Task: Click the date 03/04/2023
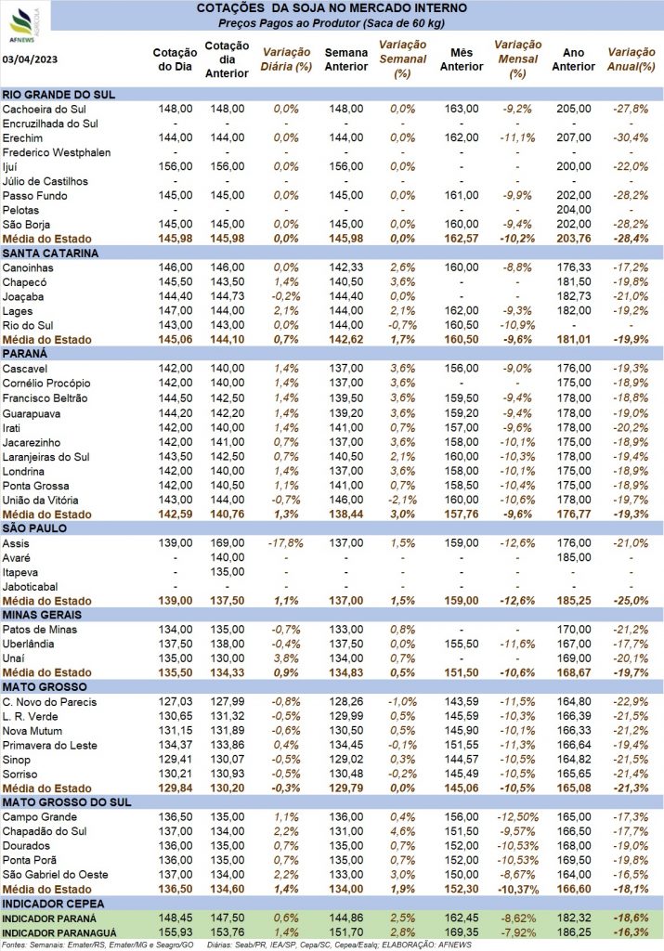(x=31, y=59)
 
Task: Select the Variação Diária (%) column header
(x=286, y=59)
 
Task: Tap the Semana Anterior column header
(x=346, y=59)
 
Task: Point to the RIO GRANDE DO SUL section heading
(x=59, y=95)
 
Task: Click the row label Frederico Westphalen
(x=57, y=152)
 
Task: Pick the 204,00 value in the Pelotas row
(x=574, y=210)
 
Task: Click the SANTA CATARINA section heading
(x=50, y=253)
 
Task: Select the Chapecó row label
(x=24, y=282)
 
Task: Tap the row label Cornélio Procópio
(x=46, y=384)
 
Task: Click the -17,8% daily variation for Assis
(x=286, y=542)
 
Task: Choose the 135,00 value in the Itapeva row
(x=228, y=572)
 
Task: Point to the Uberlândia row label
(x=28, y=645)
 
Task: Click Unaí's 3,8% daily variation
(x=286, y=658)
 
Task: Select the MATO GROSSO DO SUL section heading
(x=67, y=802)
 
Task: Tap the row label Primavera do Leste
(x=50, y=746)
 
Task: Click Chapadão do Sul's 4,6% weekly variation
(x=403, y=831)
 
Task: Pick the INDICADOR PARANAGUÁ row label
(x=59, y=933)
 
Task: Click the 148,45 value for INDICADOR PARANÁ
(x=176, y=918)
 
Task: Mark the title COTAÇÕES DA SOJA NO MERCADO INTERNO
(x=332, y=8)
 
